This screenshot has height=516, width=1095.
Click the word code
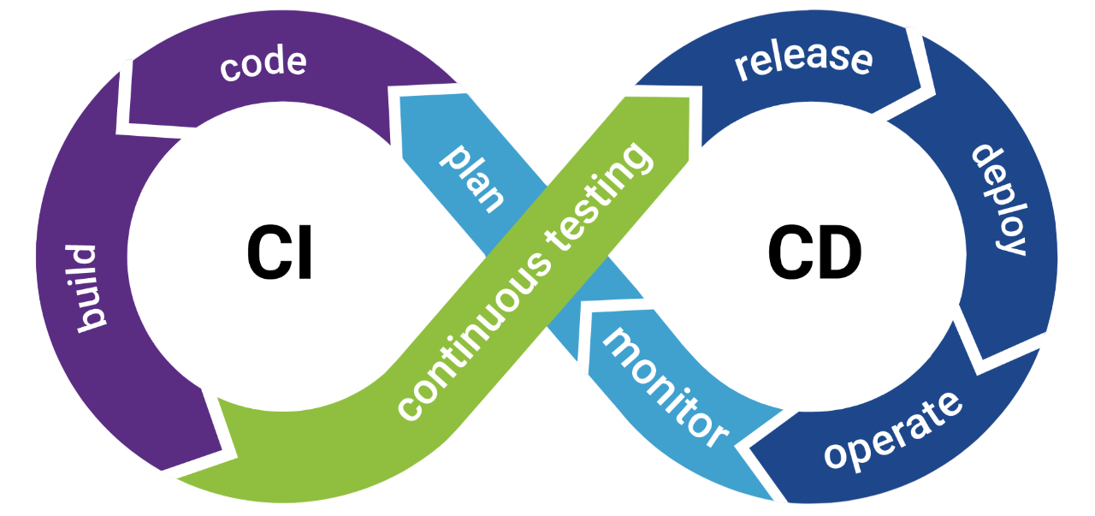[x=263, y=64]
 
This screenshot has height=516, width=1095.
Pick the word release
[x=803, y=60]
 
